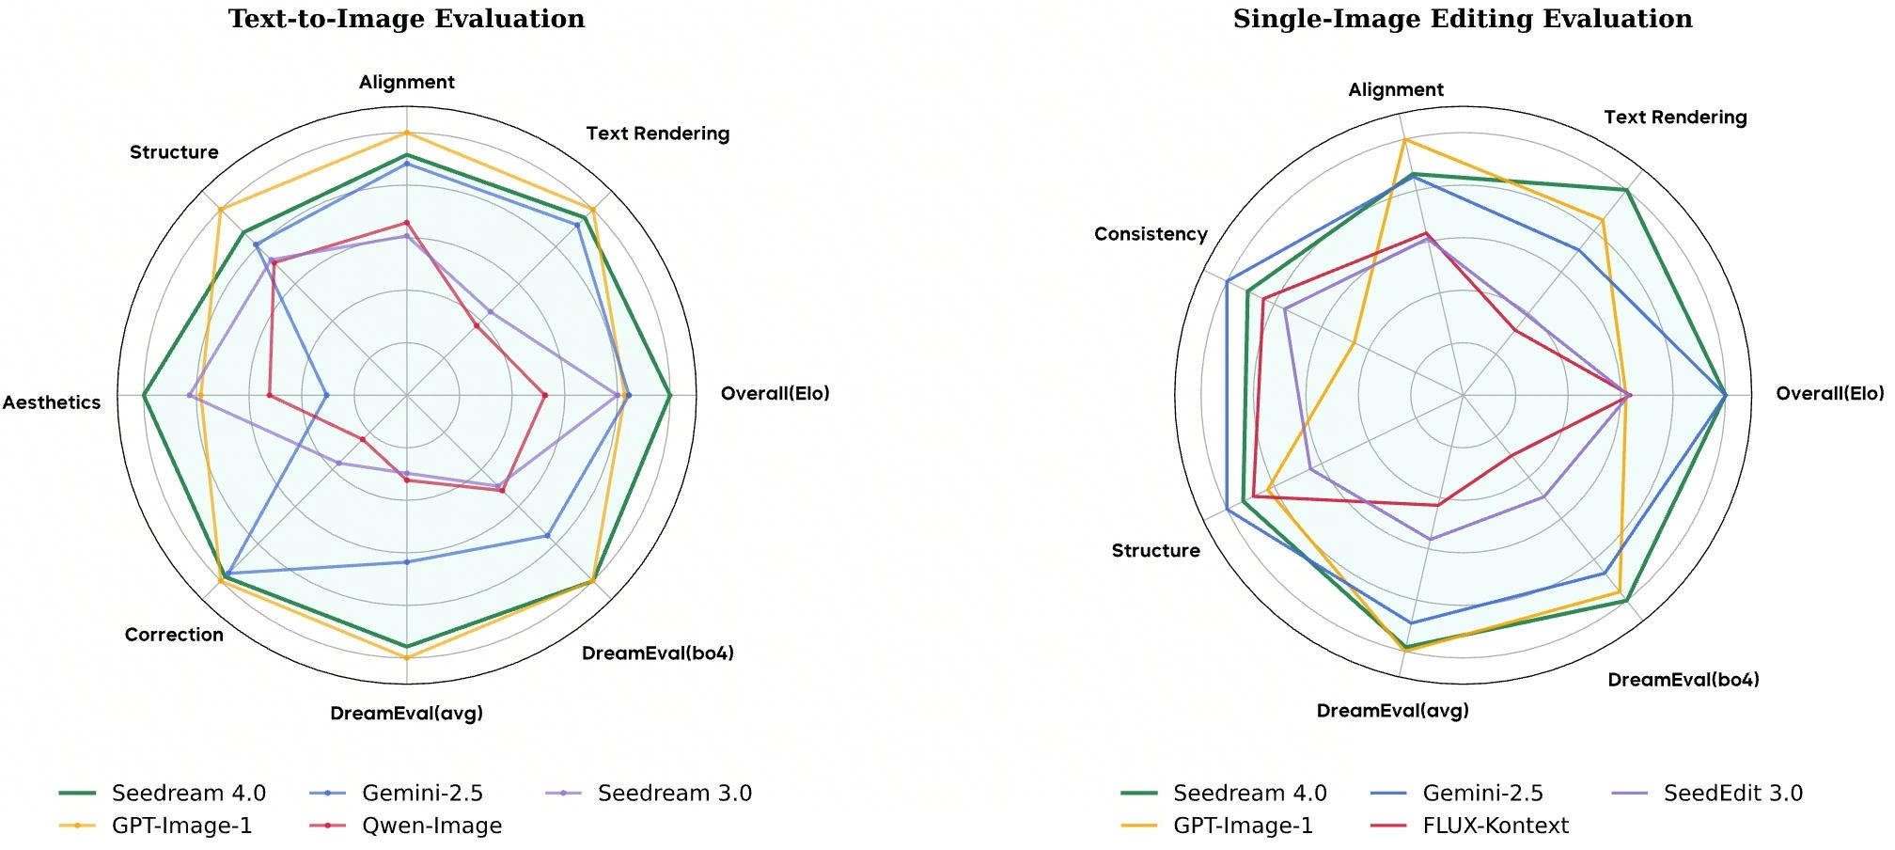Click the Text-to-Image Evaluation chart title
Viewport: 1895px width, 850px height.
407,19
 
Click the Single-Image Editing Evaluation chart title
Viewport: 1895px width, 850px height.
1463,19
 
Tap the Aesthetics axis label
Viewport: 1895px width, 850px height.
52,402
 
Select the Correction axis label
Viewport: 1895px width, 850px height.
174,635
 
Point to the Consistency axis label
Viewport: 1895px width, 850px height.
1151,234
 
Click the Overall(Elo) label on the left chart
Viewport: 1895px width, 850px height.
775,393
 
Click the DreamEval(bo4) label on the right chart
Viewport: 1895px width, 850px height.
1684,680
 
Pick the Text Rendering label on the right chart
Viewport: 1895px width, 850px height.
1675,118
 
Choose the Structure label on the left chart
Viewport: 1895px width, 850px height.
174,152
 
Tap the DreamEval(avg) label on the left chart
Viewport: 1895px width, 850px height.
406,713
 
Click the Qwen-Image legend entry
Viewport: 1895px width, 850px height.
405,826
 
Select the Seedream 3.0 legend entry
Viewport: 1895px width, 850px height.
648,794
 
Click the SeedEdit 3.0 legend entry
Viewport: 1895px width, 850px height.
1707,794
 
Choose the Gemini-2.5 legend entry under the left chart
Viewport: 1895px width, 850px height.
396,794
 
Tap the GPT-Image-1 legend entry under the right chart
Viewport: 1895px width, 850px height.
1217,826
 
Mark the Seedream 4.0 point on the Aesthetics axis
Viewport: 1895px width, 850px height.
144,396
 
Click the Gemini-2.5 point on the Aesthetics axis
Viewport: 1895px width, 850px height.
326,396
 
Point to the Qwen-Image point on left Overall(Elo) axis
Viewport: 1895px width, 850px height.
544,395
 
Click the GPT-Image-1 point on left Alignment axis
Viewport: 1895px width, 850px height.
407,133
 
